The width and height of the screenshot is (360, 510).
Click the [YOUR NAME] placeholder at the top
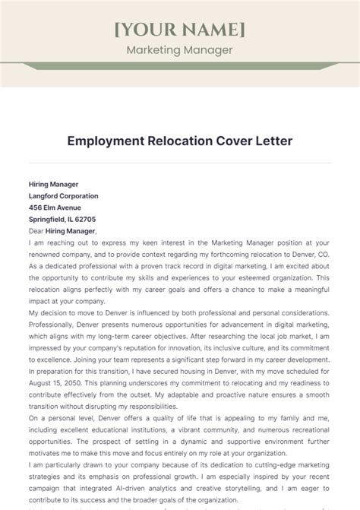(179, 29)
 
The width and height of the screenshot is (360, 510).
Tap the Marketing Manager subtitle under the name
(179, 50)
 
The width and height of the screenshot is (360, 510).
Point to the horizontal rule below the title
(179, 162)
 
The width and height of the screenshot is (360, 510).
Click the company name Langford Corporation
(63, 195)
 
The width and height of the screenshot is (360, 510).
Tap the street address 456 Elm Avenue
(56, 207)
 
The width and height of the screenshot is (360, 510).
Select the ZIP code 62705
(84, 219)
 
